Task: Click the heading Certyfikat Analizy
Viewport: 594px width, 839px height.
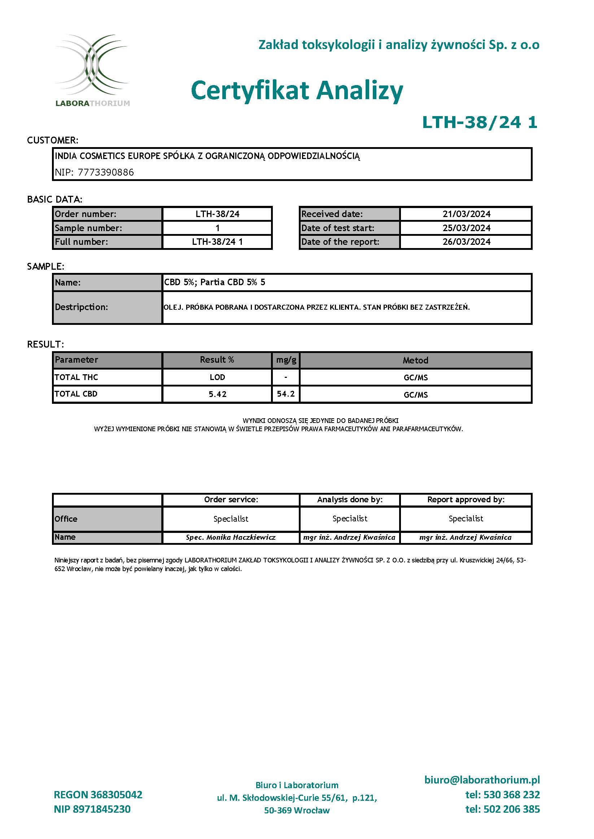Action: point(297,90)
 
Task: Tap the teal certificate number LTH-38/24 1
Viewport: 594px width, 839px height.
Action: point(480,122)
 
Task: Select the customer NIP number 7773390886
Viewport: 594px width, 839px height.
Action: point(106,172)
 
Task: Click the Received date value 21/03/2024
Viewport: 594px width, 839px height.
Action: point(466,214)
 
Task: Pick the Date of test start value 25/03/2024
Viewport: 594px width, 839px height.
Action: point(466,228)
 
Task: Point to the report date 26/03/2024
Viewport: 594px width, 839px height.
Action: point(466,242)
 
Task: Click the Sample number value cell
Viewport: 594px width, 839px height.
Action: point(217,228)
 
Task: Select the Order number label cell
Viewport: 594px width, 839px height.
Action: point(107,214)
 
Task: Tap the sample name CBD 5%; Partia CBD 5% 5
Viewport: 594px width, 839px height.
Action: point(215,282)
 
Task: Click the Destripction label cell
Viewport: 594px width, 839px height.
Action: point(107,307)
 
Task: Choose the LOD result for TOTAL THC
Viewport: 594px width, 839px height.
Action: point(217,377)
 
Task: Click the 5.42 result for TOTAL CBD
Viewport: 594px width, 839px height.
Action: point(217,394)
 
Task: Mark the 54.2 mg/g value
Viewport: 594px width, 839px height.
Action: point(286,394)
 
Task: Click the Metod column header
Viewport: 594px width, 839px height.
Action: point(415,360)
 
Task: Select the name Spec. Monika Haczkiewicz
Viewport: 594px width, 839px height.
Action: point(231,537)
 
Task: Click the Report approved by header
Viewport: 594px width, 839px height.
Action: point(466,499)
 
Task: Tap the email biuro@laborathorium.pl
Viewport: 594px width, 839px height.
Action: point(482,780)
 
